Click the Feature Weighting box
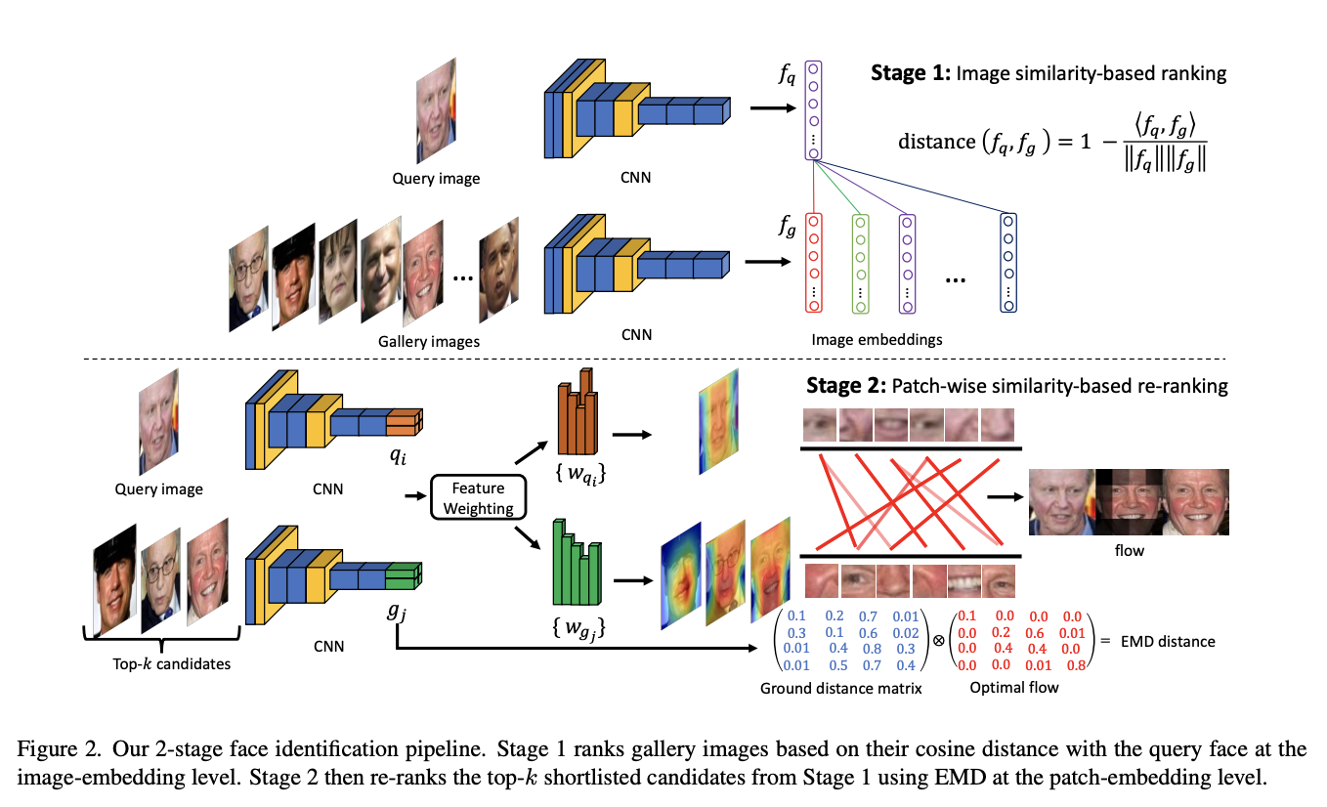pos(479,497)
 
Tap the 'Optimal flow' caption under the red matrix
pos(1014,688)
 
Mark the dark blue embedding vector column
pos(1007,262)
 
